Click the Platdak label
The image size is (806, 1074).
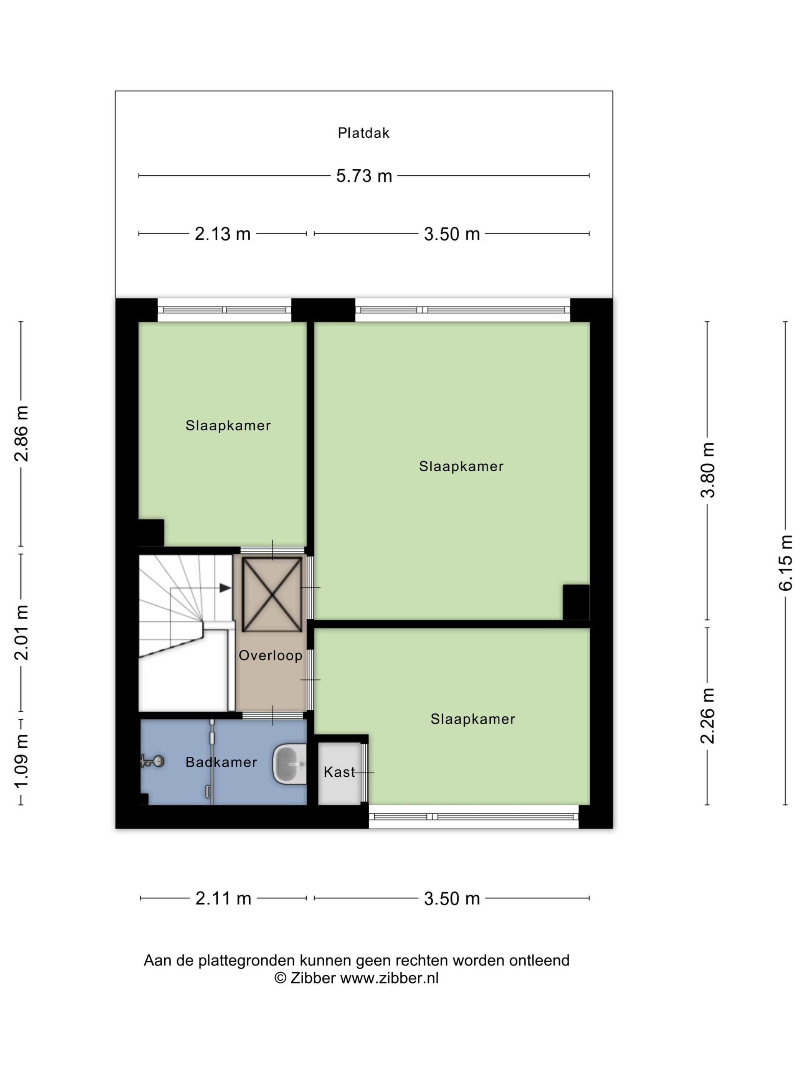tap(363, 133)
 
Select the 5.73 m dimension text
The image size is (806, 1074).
tap(364, 176)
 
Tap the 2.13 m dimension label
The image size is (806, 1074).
tap(223, 234)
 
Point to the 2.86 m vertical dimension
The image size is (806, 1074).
tap(21, 433)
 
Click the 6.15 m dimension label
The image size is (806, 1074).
tap(785, 563)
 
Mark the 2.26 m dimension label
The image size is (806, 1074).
tap(707, 716)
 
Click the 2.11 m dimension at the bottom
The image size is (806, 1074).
tap(223, 899)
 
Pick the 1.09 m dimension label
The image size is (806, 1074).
tap(21, 761)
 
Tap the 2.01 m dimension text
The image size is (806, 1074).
tap(21, 633)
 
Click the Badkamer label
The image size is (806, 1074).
tap(221, 762)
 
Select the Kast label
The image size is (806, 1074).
tap(339, 772)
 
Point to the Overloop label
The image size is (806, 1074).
tap(271, 656)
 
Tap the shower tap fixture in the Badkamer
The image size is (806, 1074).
tap(152, 761)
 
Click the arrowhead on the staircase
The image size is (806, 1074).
tap(225, 588)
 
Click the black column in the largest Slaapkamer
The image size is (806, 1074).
tap(576, 602)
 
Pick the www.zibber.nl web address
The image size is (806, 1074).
tap(389, 978)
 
